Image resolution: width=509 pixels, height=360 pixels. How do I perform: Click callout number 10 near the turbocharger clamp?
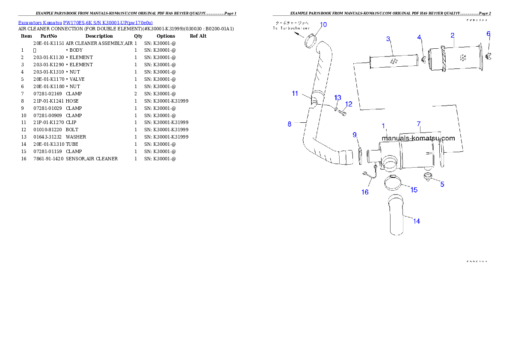[x=323, y=25]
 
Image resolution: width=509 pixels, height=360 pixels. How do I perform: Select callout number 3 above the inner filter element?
[x=388, y=39]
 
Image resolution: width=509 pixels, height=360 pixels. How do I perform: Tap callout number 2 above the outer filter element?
[x=452, y=35]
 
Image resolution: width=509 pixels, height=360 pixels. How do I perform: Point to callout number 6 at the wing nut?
[x=488, y=34]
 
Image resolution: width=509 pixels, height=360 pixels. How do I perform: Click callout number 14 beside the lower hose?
[x=416, y=221]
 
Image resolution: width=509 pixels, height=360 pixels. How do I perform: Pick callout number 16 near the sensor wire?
[x=365, y=192]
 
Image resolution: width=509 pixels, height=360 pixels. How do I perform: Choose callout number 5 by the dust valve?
[x=442, y=184]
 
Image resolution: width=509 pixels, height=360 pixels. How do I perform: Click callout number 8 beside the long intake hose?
[x=290, y=124]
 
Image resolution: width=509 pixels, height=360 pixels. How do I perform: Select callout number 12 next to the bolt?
[x=349, y=104]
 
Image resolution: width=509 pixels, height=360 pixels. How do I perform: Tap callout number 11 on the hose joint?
[x=295, y=93]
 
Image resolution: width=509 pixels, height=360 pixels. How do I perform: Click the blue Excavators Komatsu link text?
[x=85, y=23]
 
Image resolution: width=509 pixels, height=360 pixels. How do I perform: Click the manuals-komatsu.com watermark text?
[x=418, y=138]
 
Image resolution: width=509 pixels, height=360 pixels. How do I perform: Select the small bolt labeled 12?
[x=341, y=112]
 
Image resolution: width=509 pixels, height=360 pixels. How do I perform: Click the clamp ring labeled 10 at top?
[x=311, y=41]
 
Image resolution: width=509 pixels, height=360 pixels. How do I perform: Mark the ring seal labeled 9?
[x=360, y=156]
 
